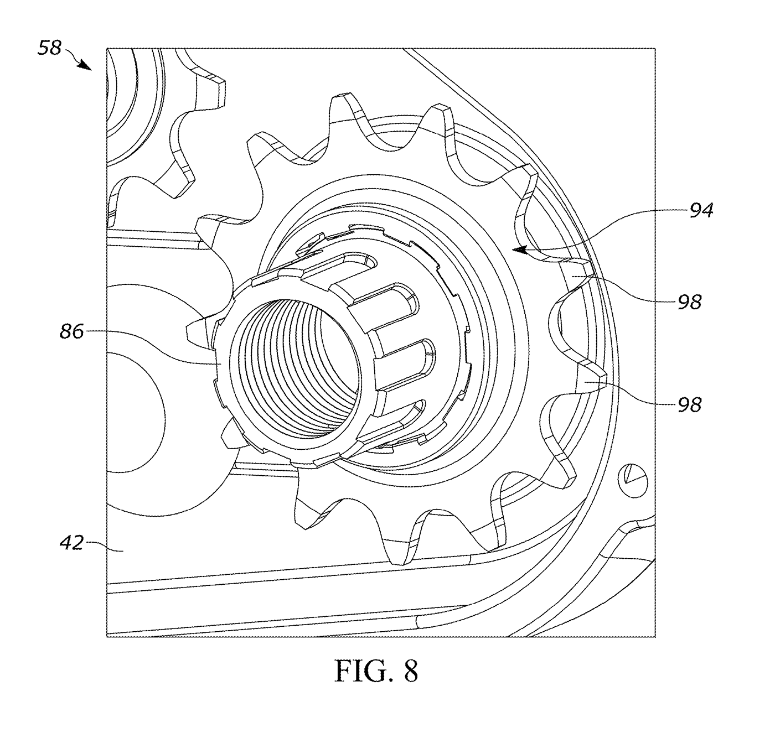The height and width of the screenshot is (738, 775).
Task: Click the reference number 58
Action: [x=50, y=49]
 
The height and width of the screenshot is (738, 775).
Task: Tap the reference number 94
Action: [x=701, y=210]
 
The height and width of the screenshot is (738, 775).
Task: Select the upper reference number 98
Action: [x=690, y=302]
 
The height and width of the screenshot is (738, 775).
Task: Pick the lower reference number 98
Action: [x=690, y=404]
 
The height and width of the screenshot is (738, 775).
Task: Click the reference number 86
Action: [x=72, y=331]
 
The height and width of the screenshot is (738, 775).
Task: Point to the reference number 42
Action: [x=72, y=543]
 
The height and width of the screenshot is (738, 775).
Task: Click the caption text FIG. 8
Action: [x=376, y=671]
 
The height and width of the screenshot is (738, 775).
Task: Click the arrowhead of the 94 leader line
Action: [x=519, y=250]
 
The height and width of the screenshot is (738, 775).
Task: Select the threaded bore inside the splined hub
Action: [x=295, y=366]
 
